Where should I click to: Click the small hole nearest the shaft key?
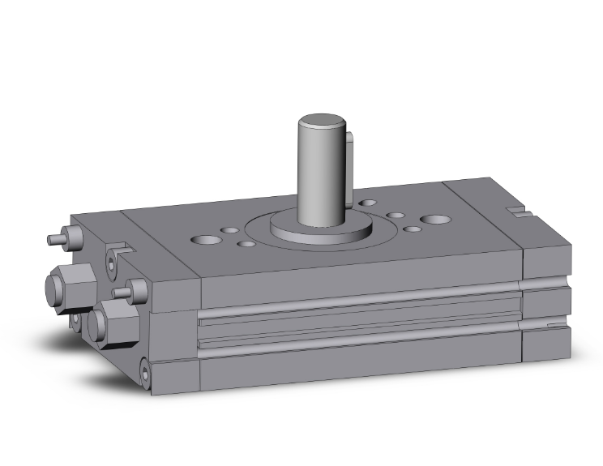pyautogui.click(x=367, y=203)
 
